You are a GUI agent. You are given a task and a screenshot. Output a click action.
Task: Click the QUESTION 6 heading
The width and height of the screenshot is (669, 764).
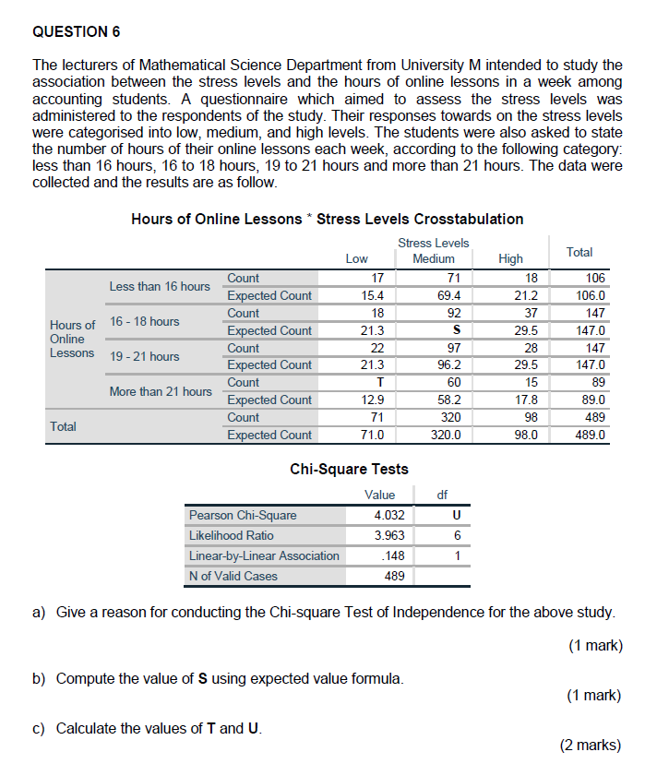(76, 32)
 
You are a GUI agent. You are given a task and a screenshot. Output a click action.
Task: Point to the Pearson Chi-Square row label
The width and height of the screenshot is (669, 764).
(243, 515)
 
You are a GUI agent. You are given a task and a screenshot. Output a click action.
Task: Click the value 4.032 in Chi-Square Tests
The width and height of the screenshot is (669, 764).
(389, 515)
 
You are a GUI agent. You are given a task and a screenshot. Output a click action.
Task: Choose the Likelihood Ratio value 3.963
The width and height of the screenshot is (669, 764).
(389, 535)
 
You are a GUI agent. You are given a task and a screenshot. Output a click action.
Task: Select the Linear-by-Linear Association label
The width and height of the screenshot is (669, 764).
(264, 555)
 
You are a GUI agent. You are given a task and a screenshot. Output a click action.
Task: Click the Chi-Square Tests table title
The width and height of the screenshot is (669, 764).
(349, 469)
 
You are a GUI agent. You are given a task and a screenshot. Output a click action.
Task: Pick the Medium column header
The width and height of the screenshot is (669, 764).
(434, 259)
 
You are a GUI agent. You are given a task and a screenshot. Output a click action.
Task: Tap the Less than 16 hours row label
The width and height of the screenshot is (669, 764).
(160, 286)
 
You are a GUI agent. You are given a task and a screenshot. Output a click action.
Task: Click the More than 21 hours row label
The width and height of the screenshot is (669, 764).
(161, 391)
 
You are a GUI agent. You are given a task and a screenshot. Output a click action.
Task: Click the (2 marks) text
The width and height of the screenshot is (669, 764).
(591, 746)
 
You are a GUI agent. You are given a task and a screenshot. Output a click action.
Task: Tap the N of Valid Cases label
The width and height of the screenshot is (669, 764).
(233, 576)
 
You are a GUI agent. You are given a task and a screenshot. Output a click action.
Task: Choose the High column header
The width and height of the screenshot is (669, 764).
(510, 259)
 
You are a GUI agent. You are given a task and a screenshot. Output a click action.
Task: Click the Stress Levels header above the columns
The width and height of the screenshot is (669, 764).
(434, 243)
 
